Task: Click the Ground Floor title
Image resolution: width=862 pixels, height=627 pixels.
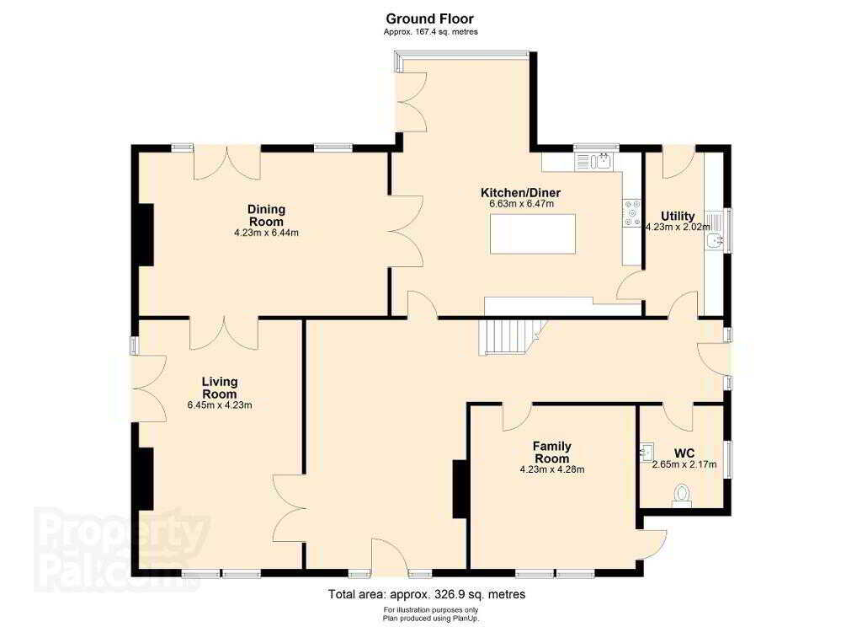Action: (x=430, y=19)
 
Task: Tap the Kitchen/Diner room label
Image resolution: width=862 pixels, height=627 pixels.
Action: (x=520, y=193)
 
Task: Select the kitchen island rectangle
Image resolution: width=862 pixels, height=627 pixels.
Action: (x=533, y=233)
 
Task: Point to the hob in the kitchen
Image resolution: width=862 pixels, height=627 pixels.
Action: (x=631, y=212)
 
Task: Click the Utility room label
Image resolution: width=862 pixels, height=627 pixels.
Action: (x=678, y=216)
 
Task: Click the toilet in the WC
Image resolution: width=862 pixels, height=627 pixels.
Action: (x=682, y=495)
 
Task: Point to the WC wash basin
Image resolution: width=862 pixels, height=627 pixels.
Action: (x=647, y=452)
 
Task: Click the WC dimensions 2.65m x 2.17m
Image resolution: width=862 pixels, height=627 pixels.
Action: (x=684, y=464)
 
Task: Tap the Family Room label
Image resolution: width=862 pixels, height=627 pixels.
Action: (x=552, y=452)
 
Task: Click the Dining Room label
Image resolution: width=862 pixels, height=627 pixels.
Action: (x=267, y=215)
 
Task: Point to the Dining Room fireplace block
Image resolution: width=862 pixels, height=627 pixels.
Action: (x=145, y=234)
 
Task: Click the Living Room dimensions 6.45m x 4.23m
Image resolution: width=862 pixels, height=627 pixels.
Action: (x=220, y=405)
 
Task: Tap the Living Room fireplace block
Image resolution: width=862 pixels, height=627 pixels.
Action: (x=145, y=479)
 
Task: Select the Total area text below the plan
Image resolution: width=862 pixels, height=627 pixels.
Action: (x=427, y=594)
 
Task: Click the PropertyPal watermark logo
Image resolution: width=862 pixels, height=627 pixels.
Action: (x=122, y=548)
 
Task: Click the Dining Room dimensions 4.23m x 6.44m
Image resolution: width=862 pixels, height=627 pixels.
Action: (x=267, y=233)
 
